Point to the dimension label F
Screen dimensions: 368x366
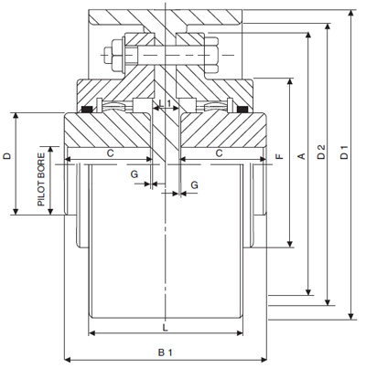[x=278, y=157]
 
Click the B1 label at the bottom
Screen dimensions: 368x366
[x=165, y=351]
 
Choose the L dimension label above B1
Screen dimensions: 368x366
[x=165, y=325]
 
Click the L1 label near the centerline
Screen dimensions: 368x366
[x=166, y=104]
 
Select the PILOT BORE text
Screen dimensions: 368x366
[x=41, y=179]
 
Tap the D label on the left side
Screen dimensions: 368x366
[x=8, y=157]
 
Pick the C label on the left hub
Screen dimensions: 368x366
[x=109, y=153]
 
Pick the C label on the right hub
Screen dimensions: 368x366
[x=220, y=153]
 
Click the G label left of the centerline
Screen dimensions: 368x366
[x=135, y=173]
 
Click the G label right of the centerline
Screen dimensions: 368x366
[x=194, y=185]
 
